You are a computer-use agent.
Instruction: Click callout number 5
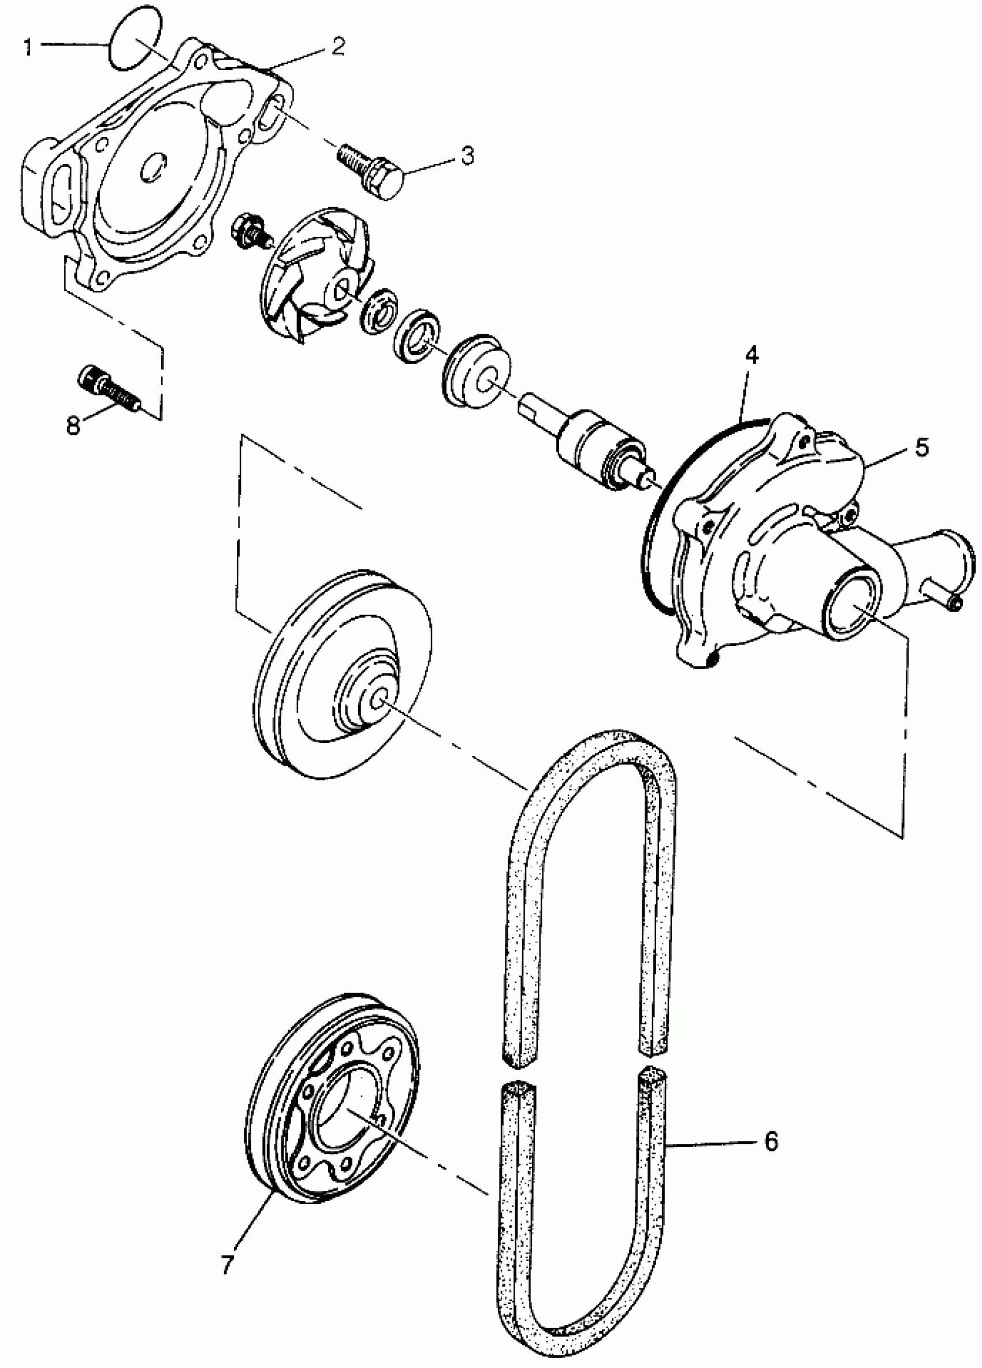(x=921, y=448)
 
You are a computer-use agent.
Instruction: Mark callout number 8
(x=72, y=425)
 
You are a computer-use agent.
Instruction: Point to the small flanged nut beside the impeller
(x=247, y=231)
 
